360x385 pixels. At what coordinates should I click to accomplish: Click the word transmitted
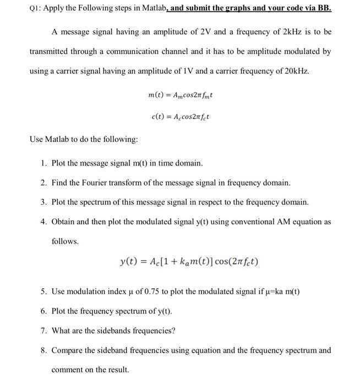point(51,52)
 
